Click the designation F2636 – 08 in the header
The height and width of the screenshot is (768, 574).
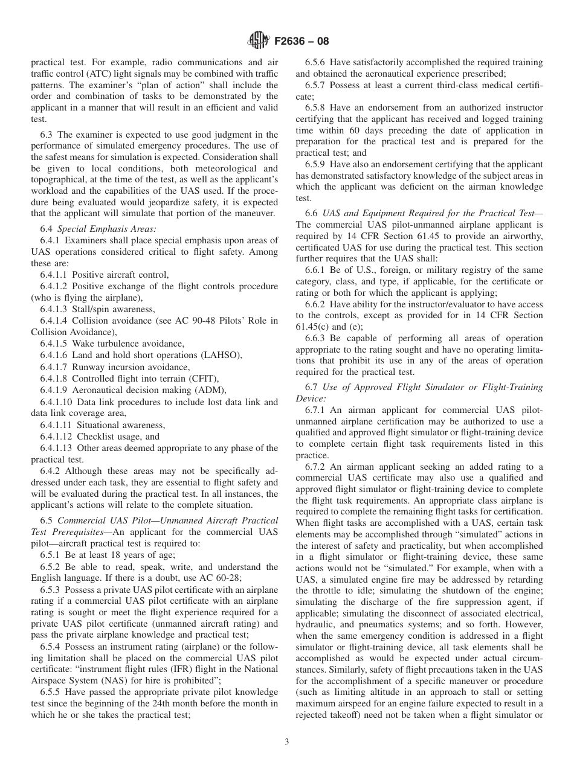click(x=300, y=42)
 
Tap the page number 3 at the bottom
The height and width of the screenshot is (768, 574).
click(x=286, y=742)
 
